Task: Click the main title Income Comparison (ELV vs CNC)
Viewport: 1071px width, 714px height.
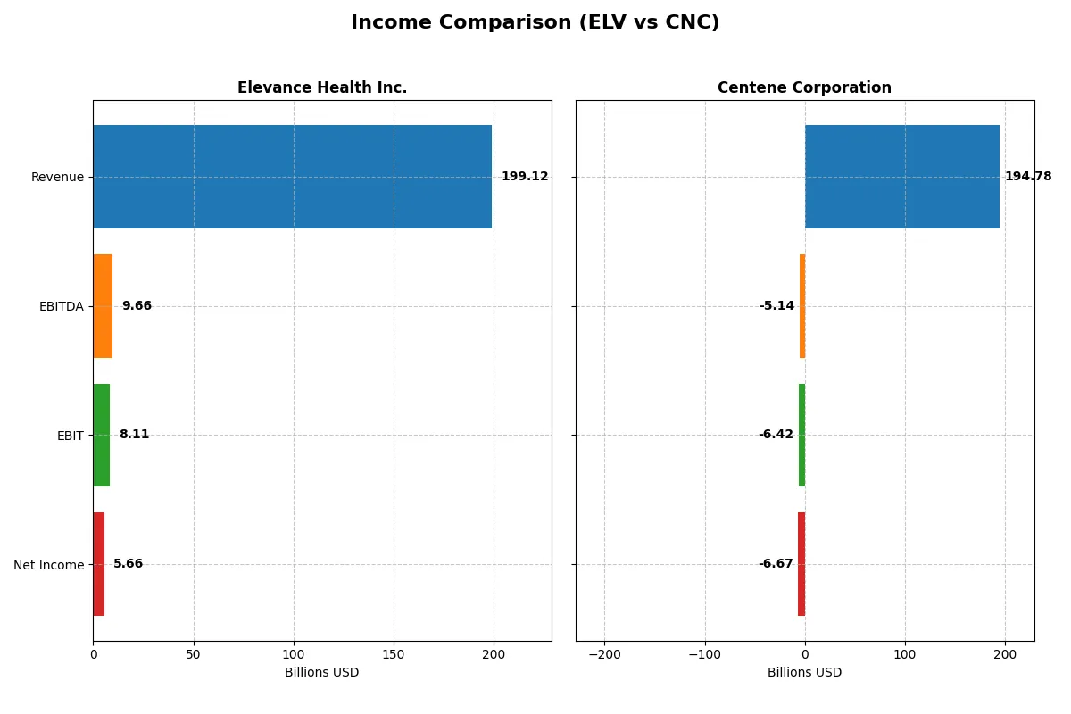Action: pos(535,23)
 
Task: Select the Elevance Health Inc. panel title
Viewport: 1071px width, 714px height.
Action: pos(322,87)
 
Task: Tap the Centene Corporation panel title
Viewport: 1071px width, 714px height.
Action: pos(804,87)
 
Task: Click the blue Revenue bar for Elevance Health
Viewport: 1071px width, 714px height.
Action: pos(292,177)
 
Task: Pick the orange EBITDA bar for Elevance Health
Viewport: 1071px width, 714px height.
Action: pos(103,306)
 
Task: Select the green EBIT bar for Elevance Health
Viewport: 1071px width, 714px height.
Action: pos(101,435)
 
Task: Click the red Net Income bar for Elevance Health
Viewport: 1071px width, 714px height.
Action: pos(98,564)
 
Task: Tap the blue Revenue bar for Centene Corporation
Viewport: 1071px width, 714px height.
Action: pos(902,177)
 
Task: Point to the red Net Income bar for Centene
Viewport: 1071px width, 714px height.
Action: pos(801,564)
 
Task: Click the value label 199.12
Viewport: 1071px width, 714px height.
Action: pos(525,177)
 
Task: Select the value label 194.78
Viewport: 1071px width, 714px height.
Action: pos(1028,177)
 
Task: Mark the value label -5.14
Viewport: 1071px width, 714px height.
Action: pos(776,306)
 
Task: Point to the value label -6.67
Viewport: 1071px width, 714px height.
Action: pos(776,564)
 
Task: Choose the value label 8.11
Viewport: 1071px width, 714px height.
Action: pos(134,435)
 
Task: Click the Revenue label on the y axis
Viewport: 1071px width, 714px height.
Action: pos(57,177)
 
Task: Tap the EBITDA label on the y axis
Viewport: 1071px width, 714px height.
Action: pos(62,306)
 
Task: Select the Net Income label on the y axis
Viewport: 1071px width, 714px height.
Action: pos(49,564)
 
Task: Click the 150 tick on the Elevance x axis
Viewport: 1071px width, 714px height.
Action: pos(394,654)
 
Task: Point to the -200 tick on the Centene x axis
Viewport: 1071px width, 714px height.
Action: pos(604,654)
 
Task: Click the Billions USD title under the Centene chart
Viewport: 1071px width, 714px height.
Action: pos(804,672)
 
